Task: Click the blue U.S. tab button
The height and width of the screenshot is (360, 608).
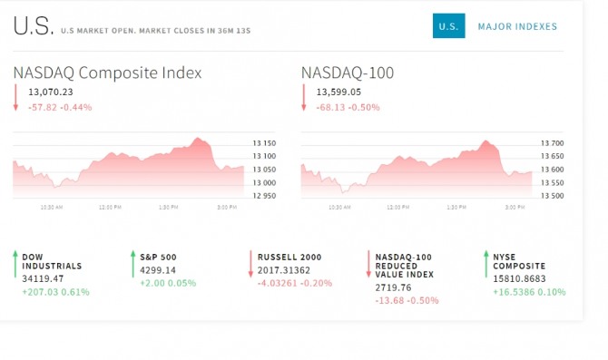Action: click(x=448, y=26)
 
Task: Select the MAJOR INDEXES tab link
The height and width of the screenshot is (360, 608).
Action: click(x=517, y=26)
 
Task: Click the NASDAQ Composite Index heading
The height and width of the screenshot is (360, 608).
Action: click(x=107, y=73)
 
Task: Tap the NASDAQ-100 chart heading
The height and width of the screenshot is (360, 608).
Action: click(x=348, y=73)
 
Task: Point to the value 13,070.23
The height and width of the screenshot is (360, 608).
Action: click(x=51, y=92)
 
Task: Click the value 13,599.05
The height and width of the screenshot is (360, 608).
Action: click(x=338, y=92)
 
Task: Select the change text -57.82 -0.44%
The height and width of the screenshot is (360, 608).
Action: click(x=60, y=107)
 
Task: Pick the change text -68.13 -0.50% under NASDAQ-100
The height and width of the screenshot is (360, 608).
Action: click(x=348, y=107)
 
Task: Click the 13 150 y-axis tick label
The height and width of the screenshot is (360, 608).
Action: click(x=264, y=143)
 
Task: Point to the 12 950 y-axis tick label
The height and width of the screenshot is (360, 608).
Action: click(x=264, y=196)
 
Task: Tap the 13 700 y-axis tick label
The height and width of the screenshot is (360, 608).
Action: click(x=552, y=143)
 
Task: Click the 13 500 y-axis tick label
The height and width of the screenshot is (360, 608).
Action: click(x=552, y=196)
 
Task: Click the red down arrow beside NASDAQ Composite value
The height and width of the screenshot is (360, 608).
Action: click(x=15, y=98)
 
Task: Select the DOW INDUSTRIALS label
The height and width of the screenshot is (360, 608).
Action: click(x=52, y=261)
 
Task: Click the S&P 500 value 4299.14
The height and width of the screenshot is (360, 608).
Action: click(x=158, y=270)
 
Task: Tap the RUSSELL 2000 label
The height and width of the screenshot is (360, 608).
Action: click(x=289, y=258)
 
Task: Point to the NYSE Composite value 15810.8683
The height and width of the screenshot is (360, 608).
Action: click(x=519, y=279)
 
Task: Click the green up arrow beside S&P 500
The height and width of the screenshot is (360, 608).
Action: click(x=133, y=264)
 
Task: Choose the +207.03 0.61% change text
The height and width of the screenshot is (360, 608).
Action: click(x=56, y=292)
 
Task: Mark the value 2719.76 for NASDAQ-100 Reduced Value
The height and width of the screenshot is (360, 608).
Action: click(x=393, y=288)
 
